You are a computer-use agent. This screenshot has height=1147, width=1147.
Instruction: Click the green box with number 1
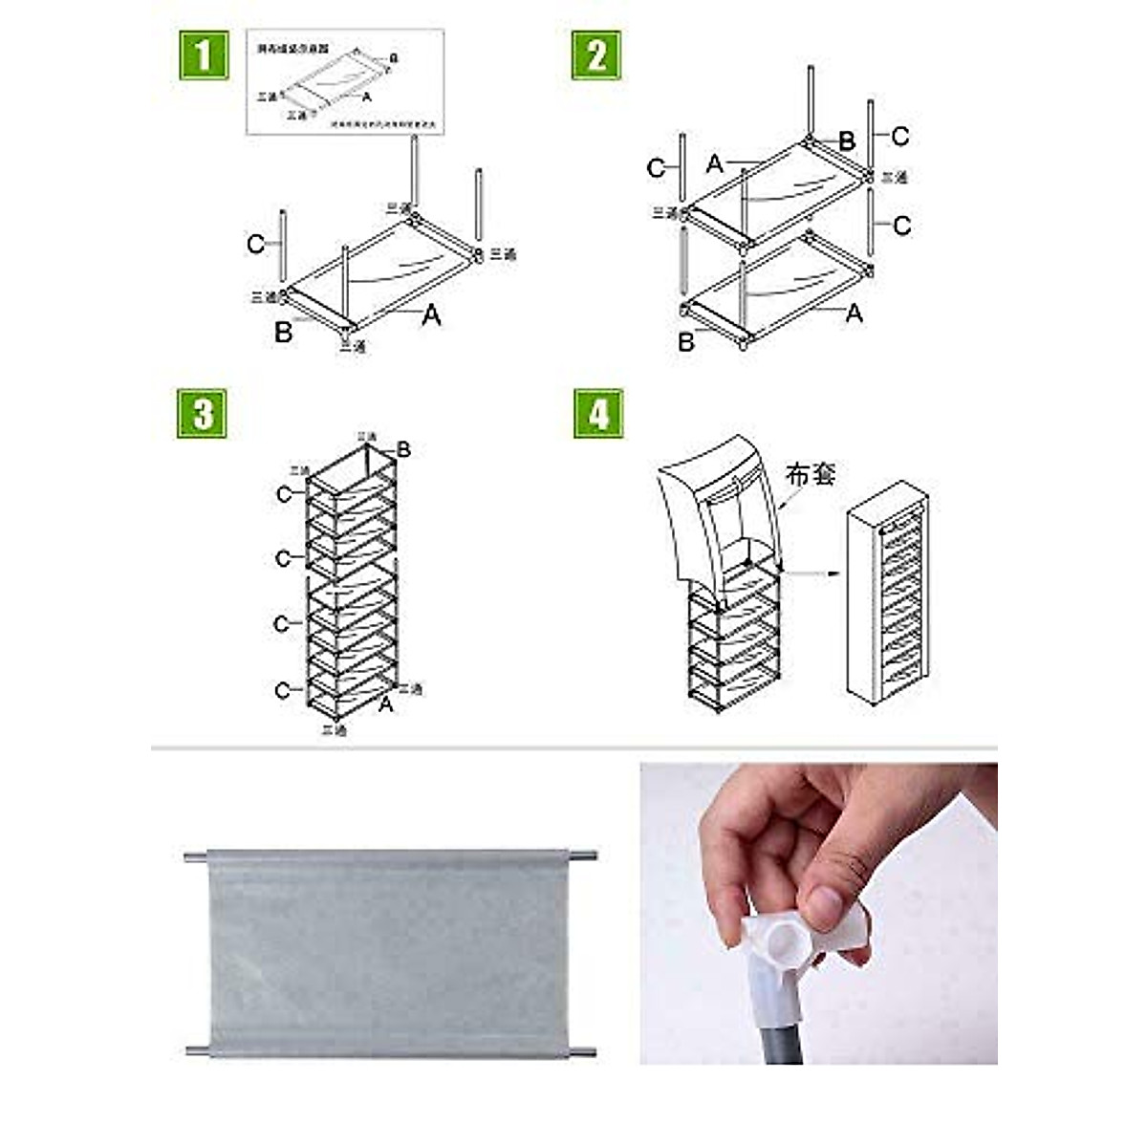[204, 54]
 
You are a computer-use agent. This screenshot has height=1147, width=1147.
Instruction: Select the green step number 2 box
[596, 54]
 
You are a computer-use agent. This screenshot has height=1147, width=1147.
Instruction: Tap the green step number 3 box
[203, 414]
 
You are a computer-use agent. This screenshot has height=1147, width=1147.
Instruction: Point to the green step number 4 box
[598, 414]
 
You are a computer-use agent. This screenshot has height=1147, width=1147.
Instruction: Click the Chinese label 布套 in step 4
[811, 473]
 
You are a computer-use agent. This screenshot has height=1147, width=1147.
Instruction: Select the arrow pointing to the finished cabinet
[812, 573]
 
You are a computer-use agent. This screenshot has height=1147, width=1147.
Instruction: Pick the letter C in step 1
[255, 245]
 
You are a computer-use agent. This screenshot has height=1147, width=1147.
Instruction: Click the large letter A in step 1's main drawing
[431, 314]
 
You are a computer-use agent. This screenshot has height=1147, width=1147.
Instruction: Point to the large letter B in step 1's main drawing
[283, 333]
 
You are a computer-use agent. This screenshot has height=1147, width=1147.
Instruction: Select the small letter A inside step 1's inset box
[366, 96]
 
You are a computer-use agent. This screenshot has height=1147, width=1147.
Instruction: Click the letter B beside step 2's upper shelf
[847, 141]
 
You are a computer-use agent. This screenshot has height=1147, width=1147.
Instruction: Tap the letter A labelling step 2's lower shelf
[854, 313]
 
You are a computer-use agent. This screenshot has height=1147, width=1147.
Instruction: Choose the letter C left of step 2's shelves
[656, 168]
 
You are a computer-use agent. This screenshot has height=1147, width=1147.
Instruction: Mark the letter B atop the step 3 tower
[403, 449]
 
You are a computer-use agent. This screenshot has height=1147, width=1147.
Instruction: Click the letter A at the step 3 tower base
[385, 704]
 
